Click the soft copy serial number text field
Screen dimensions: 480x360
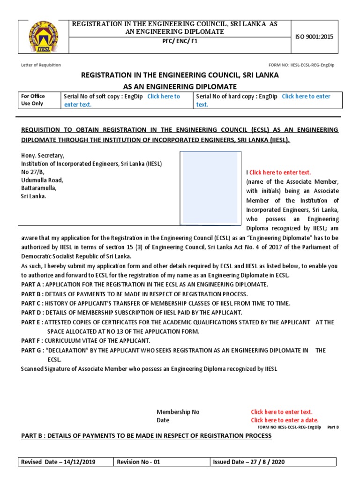163,97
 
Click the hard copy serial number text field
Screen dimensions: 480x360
306,97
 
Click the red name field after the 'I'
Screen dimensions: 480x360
280,172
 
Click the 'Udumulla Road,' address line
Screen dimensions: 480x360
42,180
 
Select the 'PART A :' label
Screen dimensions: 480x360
33,285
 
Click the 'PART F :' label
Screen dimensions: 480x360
32,341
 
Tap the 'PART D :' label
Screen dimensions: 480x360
33,313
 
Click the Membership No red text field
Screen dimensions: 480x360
281,412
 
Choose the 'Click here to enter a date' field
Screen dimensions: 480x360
284,420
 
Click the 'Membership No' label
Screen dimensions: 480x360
178,412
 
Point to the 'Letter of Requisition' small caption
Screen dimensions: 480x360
41,65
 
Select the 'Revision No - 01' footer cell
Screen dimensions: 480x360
138,462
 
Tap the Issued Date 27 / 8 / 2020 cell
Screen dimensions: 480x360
248,462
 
